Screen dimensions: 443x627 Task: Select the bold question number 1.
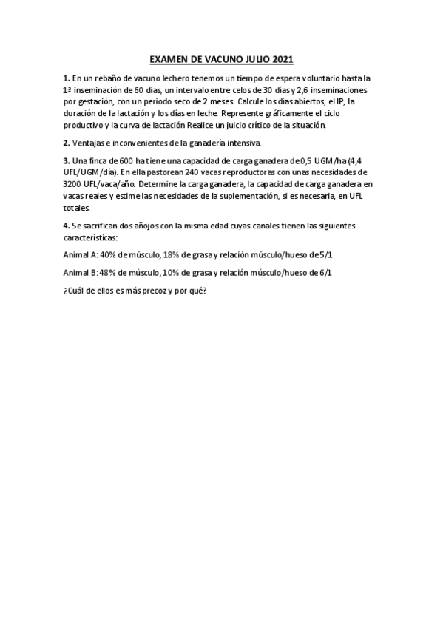[67, 78]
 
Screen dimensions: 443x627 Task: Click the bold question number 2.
[67, 143]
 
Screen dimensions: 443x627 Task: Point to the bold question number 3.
[67, 160]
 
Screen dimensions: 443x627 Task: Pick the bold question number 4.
[67, 226]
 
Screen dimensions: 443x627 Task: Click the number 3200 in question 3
[75, 184]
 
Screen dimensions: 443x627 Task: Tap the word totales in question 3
[78, 208]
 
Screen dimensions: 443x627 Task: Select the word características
[91, 237]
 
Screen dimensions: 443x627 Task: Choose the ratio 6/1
[325, 273]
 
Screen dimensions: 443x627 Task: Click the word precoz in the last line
[147, 291]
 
